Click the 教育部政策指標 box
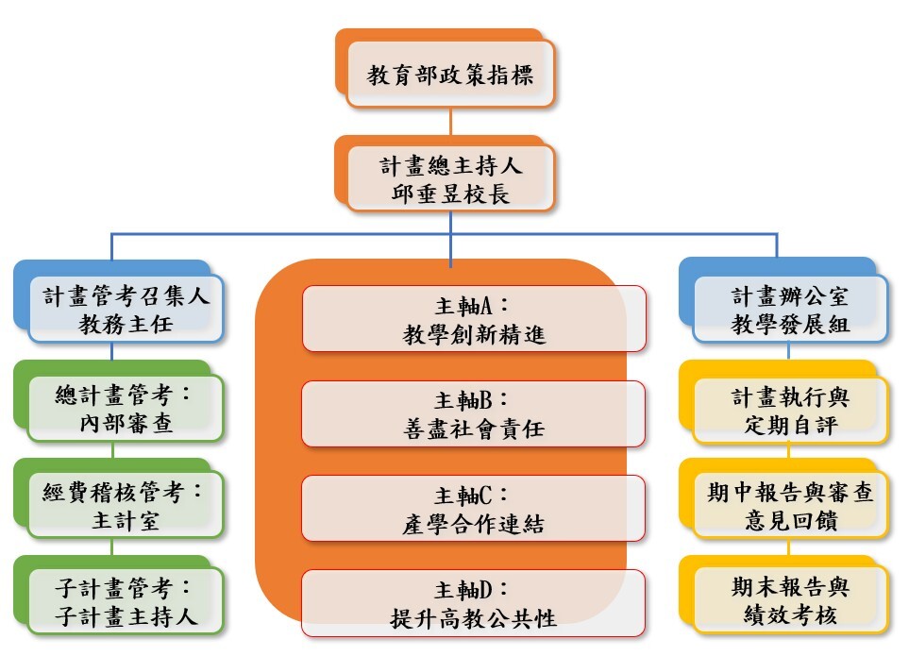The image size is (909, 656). click(x=450, y=74)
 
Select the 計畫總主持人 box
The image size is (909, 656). click(x=450, y=178)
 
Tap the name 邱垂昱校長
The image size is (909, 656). click(x=450, y=193)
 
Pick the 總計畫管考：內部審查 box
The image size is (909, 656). click(x=126, y=409)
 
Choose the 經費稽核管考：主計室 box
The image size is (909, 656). click(x=126, y=506)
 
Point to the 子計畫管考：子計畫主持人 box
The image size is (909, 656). click(x=126, y=602)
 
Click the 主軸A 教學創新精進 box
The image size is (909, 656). click(x=473, y=319)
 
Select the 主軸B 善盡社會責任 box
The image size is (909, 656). click(x=473, y=413)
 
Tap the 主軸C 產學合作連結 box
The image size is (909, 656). click(x=473, y=508)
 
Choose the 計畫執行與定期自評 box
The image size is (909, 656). click(x=790, y=409)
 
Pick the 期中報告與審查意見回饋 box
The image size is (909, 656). click(x=790, y=506)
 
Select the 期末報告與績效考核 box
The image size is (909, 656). click(x=790, y=602)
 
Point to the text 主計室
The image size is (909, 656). click(x=126, y=520)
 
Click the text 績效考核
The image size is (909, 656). click(x=790, y=618)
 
